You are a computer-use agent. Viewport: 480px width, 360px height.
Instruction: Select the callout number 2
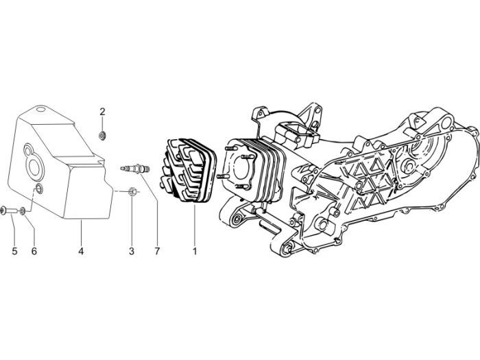click(x=102, y=111)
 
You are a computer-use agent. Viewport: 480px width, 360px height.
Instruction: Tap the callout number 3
click(x=132, y=252)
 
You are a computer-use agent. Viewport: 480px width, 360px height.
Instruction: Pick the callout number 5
click(x=14, y=252)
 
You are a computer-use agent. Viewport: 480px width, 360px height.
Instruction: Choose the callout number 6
click(x=34, y=252)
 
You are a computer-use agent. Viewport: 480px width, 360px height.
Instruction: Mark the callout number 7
click(x=156, y=252)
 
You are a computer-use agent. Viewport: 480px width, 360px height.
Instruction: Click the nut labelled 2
click(x=102, y=134)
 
